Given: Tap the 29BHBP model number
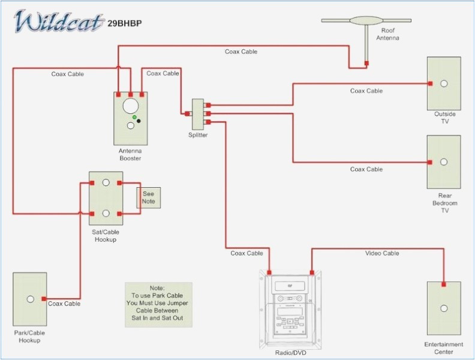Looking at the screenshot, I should [129, 24].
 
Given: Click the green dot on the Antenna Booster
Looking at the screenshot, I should [135, 117].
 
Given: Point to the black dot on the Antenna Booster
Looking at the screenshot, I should [139, 121].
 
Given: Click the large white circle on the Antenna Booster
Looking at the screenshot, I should [130, 106].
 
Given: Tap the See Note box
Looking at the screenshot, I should [148, 197].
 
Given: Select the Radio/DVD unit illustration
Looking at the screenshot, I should [290, 305].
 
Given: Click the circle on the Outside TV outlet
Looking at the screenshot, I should [444, 83].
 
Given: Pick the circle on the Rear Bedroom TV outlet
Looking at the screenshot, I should [444, 162].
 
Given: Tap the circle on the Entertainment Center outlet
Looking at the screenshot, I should [444, 308].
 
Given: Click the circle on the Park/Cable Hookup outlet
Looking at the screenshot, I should [30, 299].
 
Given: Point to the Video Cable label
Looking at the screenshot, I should [382, 253].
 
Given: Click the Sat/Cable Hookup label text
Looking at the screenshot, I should [106, 236].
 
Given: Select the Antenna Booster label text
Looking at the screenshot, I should [130, 154].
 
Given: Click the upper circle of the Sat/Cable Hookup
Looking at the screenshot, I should [106, 183].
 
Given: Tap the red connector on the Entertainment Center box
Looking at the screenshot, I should [444, 284].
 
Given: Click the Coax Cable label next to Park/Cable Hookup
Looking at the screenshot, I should [64, 304].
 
